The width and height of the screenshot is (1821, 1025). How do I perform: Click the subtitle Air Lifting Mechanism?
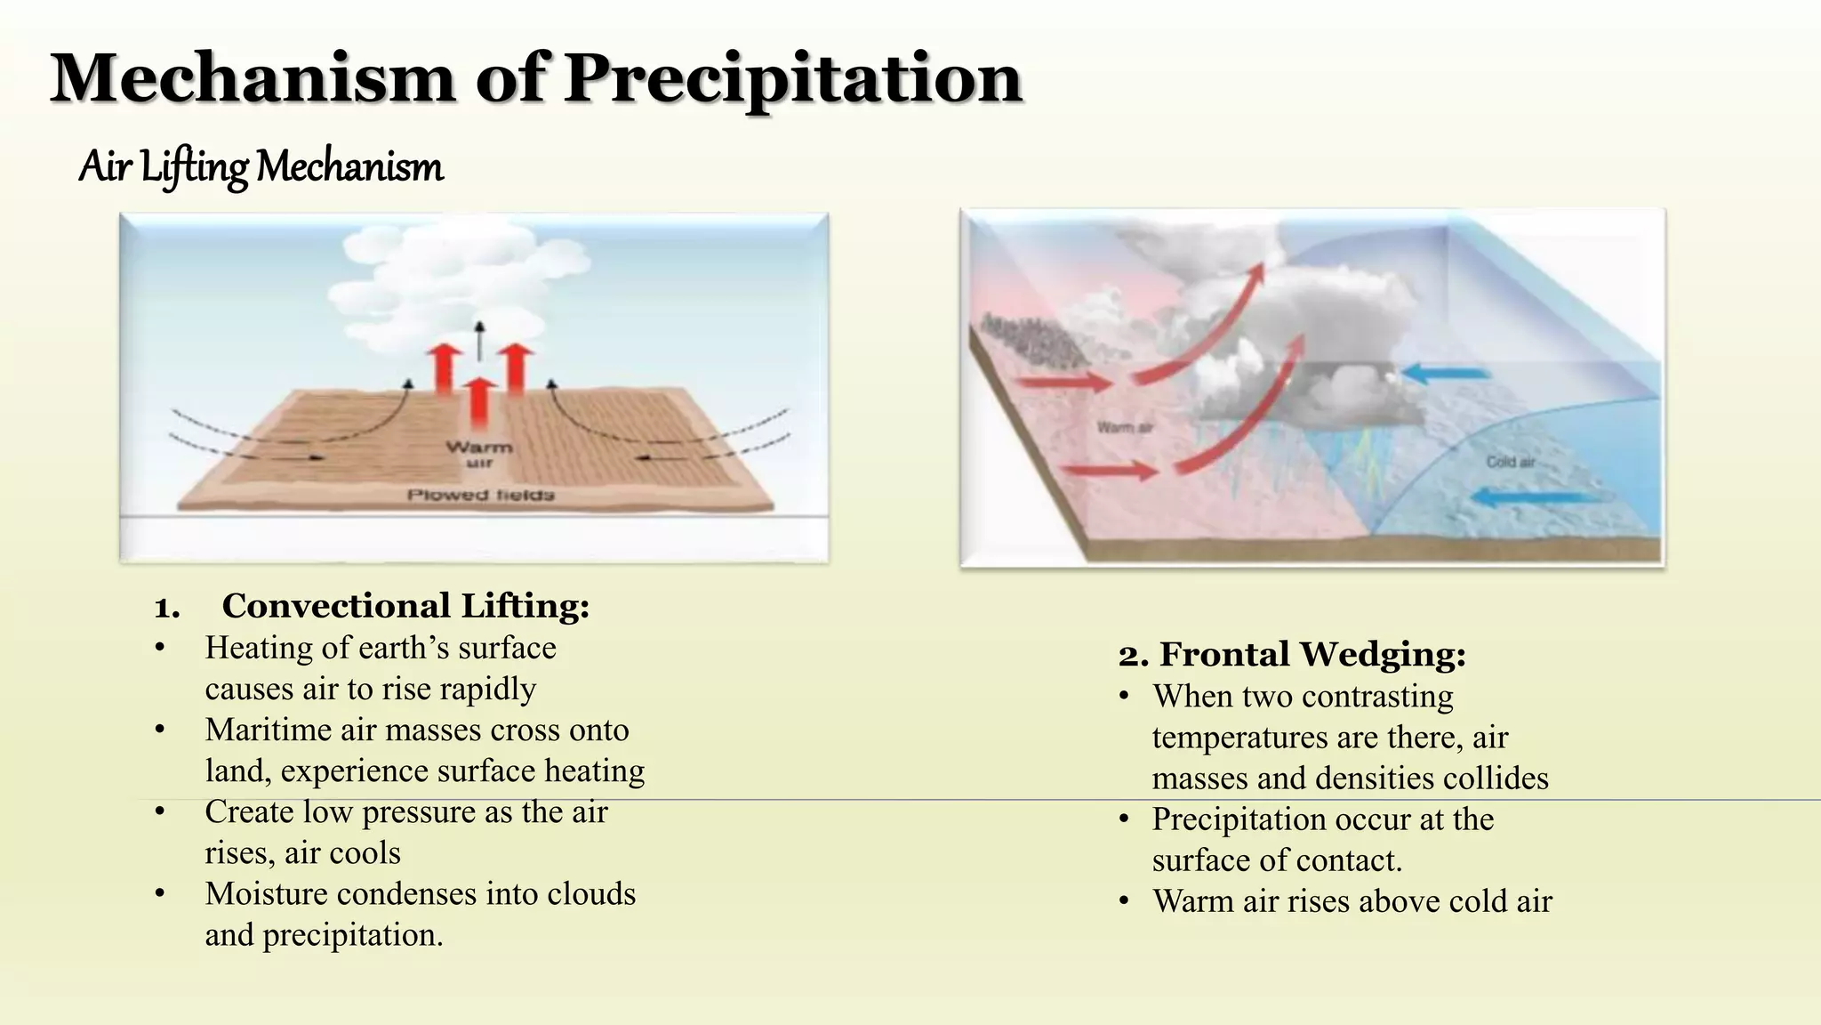click(x=261, y=167)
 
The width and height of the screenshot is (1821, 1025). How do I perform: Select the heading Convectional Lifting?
click(x=405, y=606)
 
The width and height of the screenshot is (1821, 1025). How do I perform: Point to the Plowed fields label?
click(x=480, y=495)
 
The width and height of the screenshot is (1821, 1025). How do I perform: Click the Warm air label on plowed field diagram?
click(x=479, y=453)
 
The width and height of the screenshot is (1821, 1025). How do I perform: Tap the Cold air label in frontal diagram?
click(x=1511, y=462)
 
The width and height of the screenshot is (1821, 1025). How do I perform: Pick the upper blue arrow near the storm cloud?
click(x=1445, y=373)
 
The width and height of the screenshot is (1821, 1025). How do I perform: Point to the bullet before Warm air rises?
click(x=1125, y=901)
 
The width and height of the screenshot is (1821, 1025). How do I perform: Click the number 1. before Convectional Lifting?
click(x=166, y=608)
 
